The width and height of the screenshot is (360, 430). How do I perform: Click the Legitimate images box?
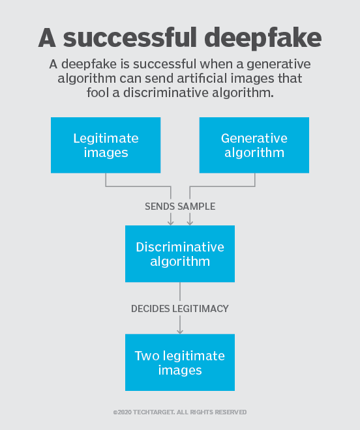point(106,145)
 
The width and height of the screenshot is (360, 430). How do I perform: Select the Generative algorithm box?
point(254,145)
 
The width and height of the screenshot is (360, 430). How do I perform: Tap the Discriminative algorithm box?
point(180,253)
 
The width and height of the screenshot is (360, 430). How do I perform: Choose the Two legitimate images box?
point(180,362)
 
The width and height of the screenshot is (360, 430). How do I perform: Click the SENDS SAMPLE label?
point(180,207)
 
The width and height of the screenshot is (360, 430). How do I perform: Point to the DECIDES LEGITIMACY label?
point(180,309)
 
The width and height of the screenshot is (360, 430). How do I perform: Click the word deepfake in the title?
point(263,38)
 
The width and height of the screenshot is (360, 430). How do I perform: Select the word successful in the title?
point(130,37)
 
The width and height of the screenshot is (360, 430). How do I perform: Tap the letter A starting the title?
point(47,38)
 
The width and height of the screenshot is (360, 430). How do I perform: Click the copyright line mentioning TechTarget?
point(180,412)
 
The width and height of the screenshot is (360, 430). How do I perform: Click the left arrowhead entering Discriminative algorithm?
point(171,222)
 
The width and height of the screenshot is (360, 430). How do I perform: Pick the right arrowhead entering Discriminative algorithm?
point(190,222)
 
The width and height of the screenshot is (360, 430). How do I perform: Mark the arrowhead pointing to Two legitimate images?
point(180,331)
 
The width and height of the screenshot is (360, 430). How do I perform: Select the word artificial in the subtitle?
point(202,78)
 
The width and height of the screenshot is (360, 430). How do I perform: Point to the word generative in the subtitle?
point(278,64)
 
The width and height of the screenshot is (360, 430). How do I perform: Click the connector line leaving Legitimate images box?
point(138,186)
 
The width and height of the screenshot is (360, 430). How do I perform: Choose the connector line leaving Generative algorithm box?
point(222,186)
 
